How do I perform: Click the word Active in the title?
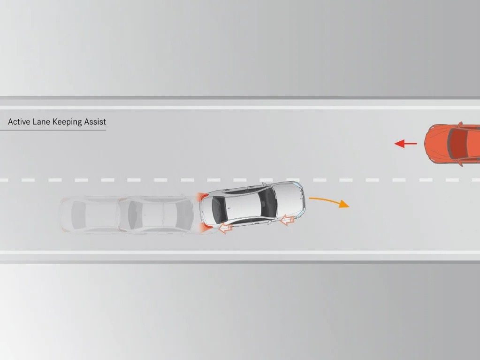(19, 122)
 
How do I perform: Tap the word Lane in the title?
(41, 122)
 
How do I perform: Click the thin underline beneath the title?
(53, 130)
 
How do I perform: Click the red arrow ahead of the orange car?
(405, 143)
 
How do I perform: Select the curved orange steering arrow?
(329, 201)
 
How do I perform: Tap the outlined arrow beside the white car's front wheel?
(288, 220)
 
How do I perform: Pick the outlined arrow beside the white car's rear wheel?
(225, 227)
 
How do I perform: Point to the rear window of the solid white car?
(219, 209)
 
